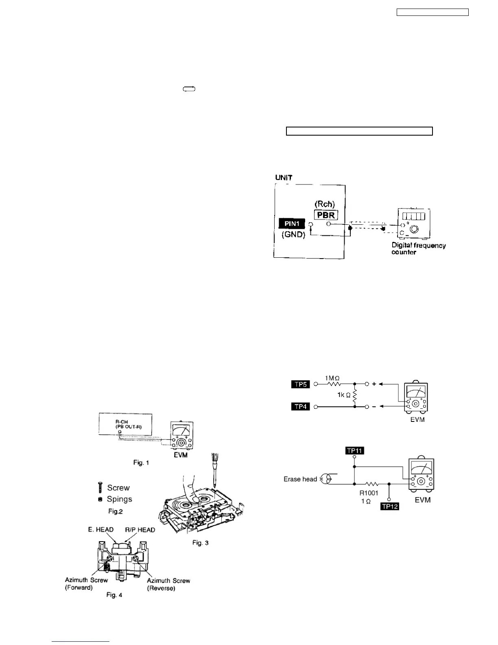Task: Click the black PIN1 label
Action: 292,224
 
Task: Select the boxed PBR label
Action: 325,215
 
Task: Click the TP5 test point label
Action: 301,384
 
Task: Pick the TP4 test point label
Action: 301,406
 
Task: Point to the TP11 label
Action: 354,450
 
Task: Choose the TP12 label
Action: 389,507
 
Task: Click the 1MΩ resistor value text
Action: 332,378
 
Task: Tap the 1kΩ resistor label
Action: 344,395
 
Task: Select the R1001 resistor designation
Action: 369,493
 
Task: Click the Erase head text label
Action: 300,479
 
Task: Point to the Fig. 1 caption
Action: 141,463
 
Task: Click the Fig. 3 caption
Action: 200,543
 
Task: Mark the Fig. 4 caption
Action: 114,595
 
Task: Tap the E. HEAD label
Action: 100,530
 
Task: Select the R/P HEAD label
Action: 140,530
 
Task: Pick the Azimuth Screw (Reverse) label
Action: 168,584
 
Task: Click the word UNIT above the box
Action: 284,178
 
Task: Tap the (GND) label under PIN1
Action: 293,235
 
